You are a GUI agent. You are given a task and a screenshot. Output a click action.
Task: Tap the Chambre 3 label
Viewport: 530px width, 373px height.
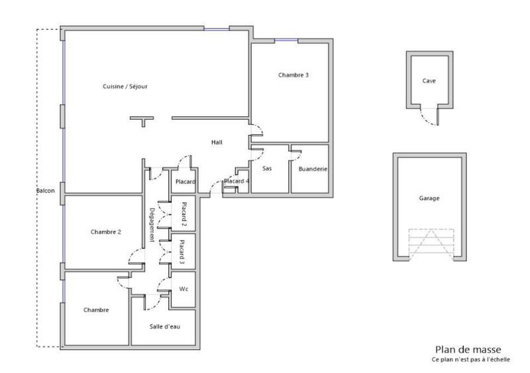pos(293,75)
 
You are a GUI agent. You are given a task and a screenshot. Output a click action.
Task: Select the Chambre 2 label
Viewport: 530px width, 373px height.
pos(105,231)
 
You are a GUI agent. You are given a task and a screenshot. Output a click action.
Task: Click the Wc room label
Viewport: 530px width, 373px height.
pos(184,289)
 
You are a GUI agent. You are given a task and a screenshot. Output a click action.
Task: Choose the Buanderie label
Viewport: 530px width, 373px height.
pos(313,169)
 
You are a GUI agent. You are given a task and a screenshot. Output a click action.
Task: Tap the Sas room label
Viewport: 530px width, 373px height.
pos(267,169)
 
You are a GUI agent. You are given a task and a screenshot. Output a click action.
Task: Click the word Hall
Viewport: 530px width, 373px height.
pos(217,142)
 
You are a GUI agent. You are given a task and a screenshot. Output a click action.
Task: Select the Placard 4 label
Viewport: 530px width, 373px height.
pos(237,181)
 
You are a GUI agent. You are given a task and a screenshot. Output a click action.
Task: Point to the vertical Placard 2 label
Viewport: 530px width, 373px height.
pos(184,213)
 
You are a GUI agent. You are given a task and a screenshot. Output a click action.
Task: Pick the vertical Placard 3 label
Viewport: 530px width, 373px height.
pos(182,252)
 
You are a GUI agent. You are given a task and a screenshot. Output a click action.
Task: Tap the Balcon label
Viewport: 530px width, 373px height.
pos(45,191)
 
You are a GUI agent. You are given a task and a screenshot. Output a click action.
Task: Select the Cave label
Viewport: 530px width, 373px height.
pos(429,81)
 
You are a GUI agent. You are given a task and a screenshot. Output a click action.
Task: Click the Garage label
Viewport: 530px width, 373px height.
pos(429,198)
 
